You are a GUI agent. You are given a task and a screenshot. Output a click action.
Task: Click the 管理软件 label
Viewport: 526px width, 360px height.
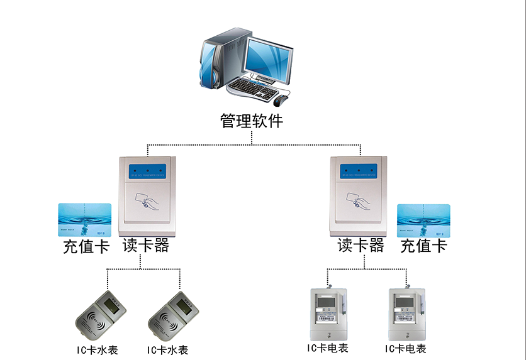tap(252, 121)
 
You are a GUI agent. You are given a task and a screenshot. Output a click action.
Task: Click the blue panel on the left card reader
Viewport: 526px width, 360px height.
tap(147, 170)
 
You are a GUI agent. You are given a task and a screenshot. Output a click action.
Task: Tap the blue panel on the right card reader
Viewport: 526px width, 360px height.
tap(359, 170)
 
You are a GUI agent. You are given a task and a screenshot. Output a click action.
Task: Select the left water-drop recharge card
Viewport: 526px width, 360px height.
tap(85, 219)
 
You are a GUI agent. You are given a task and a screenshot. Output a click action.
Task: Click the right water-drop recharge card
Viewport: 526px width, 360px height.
tap(423, 219)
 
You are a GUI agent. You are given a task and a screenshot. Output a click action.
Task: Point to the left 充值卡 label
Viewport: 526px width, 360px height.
tap(86, 246)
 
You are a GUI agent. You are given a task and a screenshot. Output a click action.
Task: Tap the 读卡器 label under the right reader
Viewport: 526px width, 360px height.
tap(361, 245)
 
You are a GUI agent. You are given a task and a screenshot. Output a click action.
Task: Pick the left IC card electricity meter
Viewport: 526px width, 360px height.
tap(326, 314)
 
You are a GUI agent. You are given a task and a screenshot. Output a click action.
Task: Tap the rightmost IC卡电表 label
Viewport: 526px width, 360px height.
tap(406, 348)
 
